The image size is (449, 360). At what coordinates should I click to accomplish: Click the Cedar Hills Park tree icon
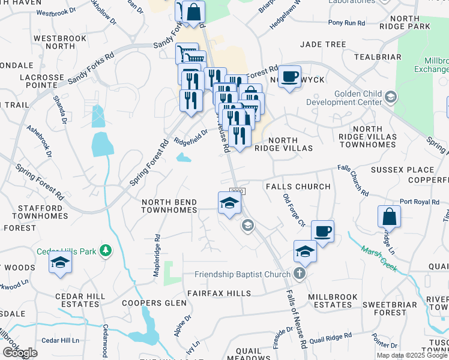pos(106,250)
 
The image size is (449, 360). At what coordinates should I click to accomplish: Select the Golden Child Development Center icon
pos(390,97)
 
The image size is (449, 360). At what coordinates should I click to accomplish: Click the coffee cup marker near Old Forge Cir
pos(322,231)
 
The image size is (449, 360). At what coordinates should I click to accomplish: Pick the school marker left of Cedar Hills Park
pos(60,263)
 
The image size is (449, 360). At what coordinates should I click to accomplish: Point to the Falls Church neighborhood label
pos(298,187)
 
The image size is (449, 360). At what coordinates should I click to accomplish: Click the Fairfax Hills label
pos(218,293)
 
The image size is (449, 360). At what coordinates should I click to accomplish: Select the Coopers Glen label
pos(154,303)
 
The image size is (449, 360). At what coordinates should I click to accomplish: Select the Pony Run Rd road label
pos(346,23)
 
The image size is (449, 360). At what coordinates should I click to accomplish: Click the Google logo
pos(20,352)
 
